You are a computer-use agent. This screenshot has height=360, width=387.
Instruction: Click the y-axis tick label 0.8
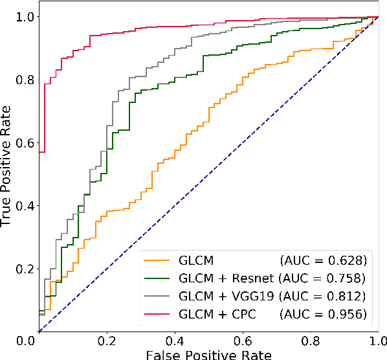coord(25,80)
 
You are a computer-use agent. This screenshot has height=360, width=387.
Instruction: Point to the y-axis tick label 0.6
coord(25,142)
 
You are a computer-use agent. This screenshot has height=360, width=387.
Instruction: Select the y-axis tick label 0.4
coord(25,205)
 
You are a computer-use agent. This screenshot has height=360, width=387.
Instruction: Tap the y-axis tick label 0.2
coord(25,269)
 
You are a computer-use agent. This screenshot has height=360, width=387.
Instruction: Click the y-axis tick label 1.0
coord(25,17)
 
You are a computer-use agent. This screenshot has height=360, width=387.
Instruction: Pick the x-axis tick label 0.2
coord(107,341)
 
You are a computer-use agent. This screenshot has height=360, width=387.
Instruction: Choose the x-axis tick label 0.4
coord(175,341)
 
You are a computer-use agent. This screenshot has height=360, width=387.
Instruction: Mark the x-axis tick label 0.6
coord(243,341)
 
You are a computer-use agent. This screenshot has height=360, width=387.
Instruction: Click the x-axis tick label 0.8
coord(311,341)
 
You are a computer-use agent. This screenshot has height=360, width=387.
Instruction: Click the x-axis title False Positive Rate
coord(208,354)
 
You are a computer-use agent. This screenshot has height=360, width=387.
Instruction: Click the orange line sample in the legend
coord(160,261)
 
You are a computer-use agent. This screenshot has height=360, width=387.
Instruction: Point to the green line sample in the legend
coord(160,278)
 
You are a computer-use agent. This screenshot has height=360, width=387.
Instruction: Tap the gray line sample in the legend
coord(160,297)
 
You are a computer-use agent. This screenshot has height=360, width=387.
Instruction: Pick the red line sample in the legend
coord(160,314)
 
